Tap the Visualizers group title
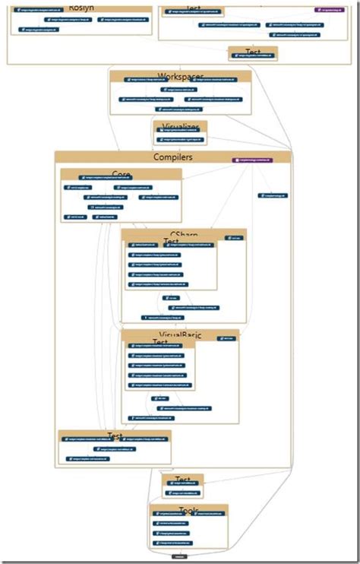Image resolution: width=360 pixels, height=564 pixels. point(180,127)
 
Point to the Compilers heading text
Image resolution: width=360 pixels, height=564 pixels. point(173,157)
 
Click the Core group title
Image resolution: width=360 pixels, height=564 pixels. point(122,175)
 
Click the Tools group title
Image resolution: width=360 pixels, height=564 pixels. point(189,510)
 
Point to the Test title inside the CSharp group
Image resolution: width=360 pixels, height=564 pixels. point(171,242)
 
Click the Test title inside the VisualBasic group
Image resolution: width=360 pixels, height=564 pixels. point(160,342)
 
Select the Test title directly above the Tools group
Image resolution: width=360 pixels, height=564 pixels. point(183,480)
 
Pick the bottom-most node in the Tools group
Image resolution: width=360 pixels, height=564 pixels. point(172,543)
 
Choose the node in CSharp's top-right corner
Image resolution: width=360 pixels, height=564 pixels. point(235,238)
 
